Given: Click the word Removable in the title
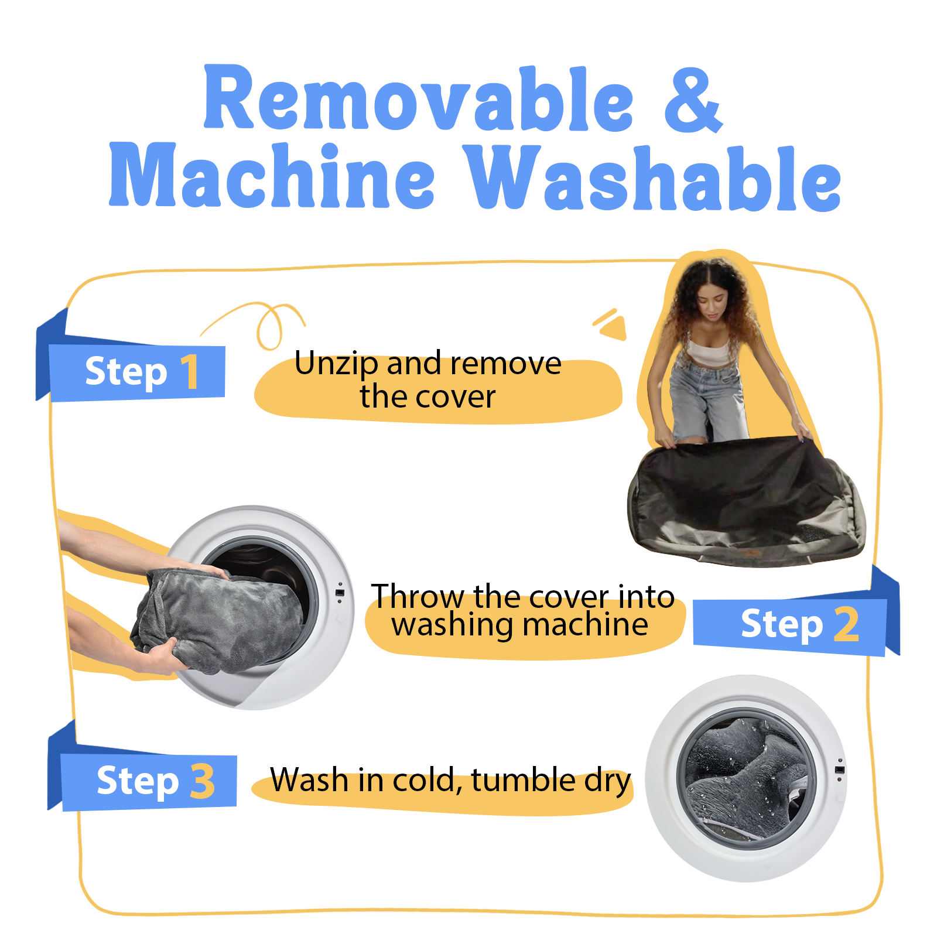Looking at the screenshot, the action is [x=418, y=98].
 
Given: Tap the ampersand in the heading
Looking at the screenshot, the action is [x=693, y=100].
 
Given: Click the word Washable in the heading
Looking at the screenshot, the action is [x=654, y=178].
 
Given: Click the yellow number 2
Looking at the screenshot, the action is [x=846, y=624].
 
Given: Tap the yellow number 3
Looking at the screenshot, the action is [x=203, y=781].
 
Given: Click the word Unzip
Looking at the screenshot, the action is [x=336, y=365].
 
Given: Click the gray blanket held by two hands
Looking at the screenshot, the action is [x=220, y=621].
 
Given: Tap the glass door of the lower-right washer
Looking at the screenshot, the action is [x=746, y=778].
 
